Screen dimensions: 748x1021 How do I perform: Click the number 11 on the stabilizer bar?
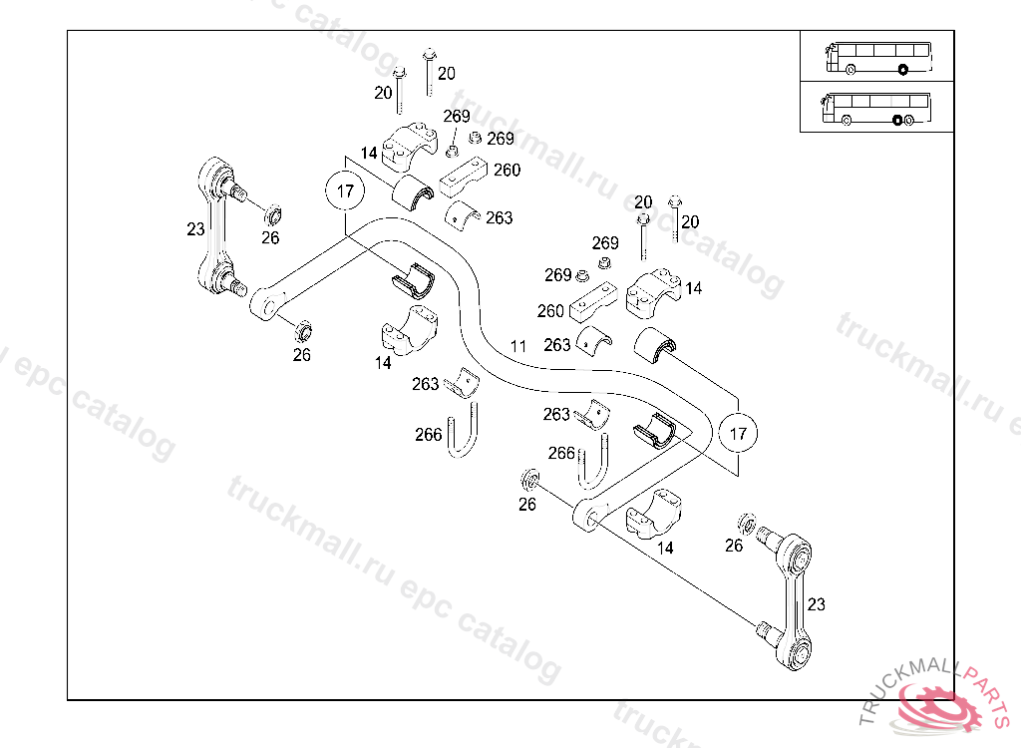click(517, 346)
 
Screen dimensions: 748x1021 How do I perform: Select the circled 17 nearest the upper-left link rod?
click(344, 192)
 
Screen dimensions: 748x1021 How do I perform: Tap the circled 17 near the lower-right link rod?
click(738, 433)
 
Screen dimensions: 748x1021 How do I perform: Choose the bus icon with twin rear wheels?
click(876, 108)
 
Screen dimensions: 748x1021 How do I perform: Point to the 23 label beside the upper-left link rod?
click(195, 228)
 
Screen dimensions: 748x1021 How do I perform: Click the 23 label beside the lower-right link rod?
click(817, 604)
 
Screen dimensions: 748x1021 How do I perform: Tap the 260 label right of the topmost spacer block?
click(507, 170)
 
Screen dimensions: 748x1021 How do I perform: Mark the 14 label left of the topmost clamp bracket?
click(369, 153)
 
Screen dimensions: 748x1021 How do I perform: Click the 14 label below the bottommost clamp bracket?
click(665, 548)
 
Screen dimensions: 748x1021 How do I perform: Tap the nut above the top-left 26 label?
click(273, 213)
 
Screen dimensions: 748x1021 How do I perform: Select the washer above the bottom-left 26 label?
click(528, 482)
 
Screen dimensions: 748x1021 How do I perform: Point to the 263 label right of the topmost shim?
click(499, 217)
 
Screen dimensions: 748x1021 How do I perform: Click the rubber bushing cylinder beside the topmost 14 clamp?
click(411, 193)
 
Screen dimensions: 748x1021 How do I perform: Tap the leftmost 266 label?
click(429, 434)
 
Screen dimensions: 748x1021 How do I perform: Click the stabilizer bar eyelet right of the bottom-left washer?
click(585, 517)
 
